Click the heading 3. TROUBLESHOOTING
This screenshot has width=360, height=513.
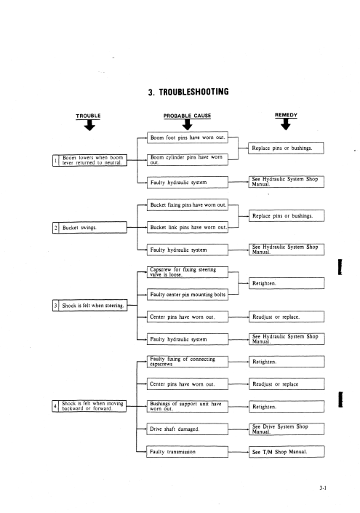(188, 92)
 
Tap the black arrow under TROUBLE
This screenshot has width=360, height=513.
(89, 125)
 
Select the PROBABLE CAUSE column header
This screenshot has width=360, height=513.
(187, 116)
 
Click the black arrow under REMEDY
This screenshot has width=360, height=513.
(285, 124)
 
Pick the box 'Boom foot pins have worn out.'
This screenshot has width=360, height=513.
(188, 138)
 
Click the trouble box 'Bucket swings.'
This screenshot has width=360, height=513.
(89, 227)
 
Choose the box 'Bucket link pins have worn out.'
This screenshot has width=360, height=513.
(188, 227)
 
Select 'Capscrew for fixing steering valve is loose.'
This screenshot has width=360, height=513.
(188, 272)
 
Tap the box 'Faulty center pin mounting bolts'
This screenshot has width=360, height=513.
(188, 295)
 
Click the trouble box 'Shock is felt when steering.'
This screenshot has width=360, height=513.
(89, 306)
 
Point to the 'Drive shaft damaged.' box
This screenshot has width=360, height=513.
(187, 429)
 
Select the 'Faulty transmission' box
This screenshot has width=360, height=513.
(187, 451)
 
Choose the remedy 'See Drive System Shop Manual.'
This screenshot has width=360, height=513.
(287, 429)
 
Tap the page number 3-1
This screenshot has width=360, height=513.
(323, 488)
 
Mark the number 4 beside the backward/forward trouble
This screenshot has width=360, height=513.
(55, 406)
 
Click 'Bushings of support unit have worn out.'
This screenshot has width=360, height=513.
(187, 406)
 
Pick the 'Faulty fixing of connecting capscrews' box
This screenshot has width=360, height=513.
(187, 362)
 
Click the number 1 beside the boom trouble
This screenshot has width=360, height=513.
(55, 160)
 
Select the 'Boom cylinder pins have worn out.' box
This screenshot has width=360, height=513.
(188, 159)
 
